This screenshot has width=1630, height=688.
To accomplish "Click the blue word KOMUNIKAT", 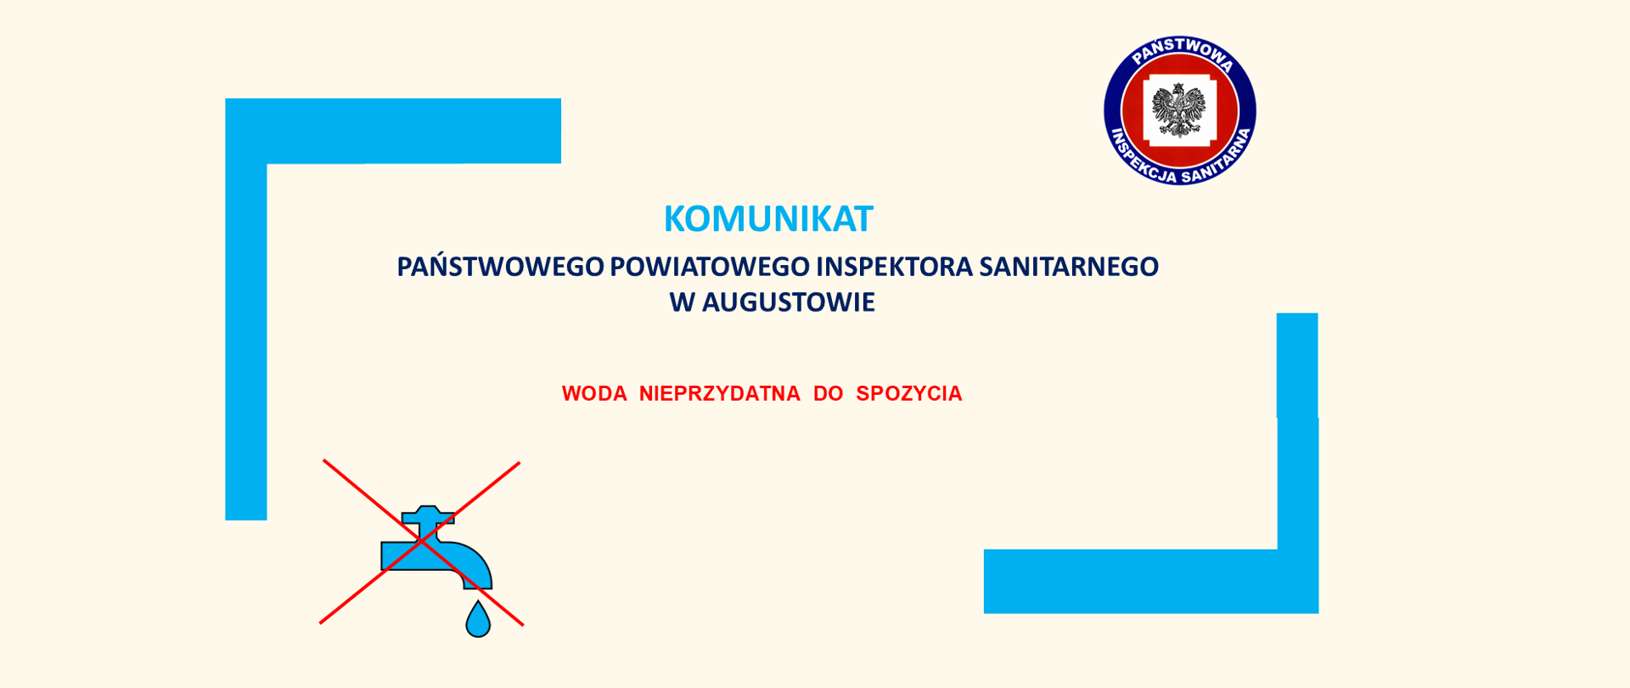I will tap(767, 219).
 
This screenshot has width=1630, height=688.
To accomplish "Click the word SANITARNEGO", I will tap(1068, 267).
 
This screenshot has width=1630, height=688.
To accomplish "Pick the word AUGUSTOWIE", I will tap(788, 302).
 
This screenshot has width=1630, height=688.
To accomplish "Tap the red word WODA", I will tap(594, 394).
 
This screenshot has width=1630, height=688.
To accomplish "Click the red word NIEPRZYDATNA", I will tap(719, 394).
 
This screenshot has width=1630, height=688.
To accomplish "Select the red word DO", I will tap(828, 394).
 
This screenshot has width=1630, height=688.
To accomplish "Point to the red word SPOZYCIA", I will tap(908, 394).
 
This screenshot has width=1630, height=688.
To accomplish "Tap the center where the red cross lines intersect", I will tap(421, 542).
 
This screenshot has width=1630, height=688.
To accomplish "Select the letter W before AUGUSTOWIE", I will tap(682, 302).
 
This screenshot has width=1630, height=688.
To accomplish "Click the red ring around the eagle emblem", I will tap(1131, 110).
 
